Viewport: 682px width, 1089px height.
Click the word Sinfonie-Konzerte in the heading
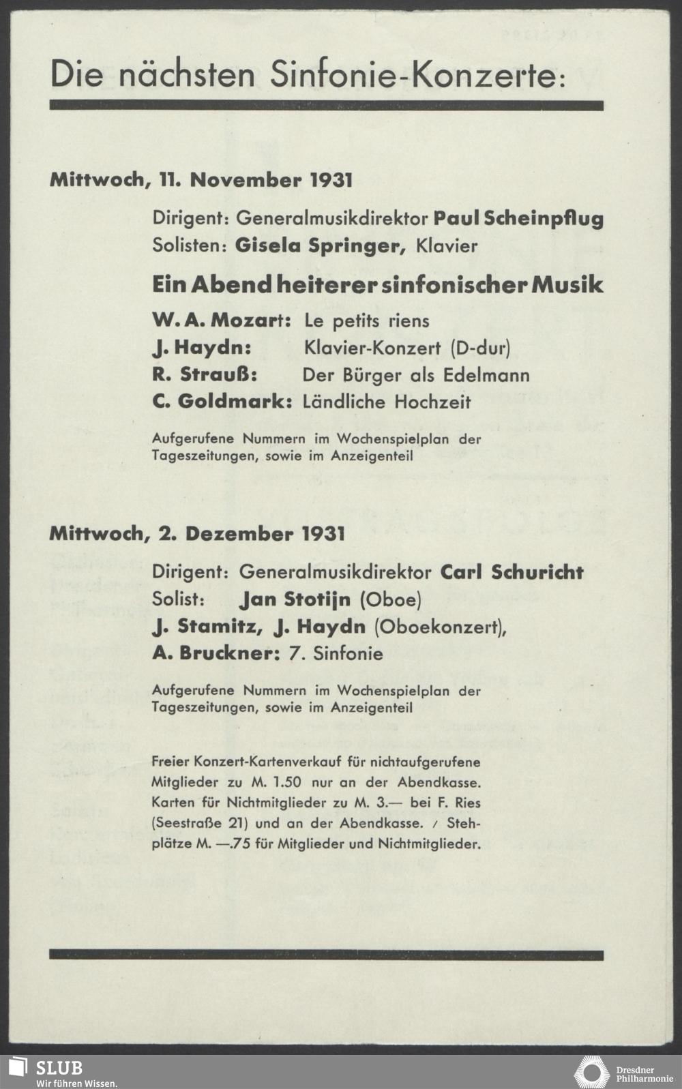click(x=417, y=75)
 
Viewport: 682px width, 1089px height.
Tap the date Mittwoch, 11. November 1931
click(x=201, y=181)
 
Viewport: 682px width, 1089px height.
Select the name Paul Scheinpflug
click(x=518, y=219)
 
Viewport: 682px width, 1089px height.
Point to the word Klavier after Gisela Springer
click(x=447, y=246)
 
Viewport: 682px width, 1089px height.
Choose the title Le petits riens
click(x=366, y=320)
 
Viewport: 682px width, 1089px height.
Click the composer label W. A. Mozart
click(x=222, y=320)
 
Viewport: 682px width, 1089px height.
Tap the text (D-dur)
click(x=480, y=348)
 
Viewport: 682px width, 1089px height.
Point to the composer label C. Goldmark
click(x=222, y=402)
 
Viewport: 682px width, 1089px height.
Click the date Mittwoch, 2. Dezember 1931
click(x=197, y=534)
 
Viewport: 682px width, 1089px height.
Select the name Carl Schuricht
click(x=512, y=571)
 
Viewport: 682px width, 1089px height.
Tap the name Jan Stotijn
click(x=295, y=600)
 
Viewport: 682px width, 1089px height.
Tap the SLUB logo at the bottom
click(x=48, y=1072)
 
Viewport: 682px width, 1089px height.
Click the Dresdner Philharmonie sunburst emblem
click(x=591, y=1072)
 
